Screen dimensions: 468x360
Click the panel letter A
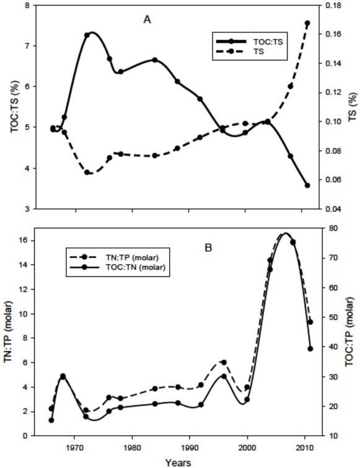click(x=147, y=19)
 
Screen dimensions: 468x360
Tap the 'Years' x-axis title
click(x=177, y=461)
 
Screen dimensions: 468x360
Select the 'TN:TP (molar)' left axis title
click(x=8, y=332)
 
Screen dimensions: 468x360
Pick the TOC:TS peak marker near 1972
click(x=87, y=35)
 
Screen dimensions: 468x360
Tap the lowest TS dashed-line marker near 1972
click(x=87, y=172)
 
